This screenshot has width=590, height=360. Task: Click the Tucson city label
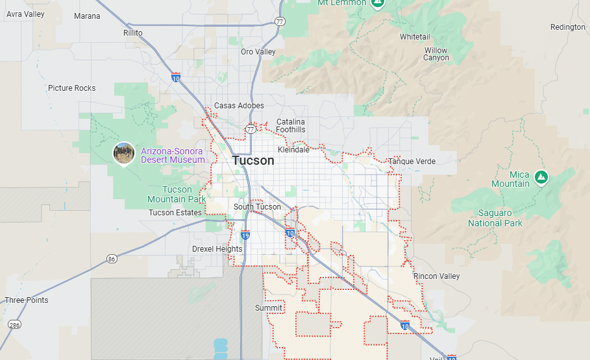tap(253, 161)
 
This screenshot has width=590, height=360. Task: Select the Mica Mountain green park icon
tap(541, 176)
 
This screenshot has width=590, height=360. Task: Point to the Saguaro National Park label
tap(495, 218)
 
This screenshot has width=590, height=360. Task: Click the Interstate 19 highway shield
tap(245, 235)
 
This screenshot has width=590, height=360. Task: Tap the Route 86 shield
tap(112, 259)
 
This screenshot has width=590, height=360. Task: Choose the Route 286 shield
tap(14, 324)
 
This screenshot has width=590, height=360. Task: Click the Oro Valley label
tap(258, 52)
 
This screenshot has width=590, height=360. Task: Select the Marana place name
tap(87, 16)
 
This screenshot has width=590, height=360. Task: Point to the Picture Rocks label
tap(71, 88)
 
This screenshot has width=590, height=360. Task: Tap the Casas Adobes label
tap(239, 106)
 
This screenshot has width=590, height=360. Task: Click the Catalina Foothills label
tap(291, 126)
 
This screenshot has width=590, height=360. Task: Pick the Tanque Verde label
tap(412, 161)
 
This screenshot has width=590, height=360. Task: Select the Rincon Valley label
tap(437, 276)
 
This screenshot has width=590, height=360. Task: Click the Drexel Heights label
tap(217, 249)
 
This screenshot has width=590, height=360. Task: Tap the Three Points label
tap(27, 300)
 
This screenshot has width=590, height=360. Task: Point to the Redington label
tap(567, 27)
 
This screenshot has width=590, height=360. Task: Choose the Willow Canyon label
tap(436, 54)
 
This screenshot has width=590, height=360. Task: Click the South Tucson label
tap(258, 207)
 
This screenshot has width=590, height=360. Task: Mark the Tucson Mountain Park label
tap(177, 195)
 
